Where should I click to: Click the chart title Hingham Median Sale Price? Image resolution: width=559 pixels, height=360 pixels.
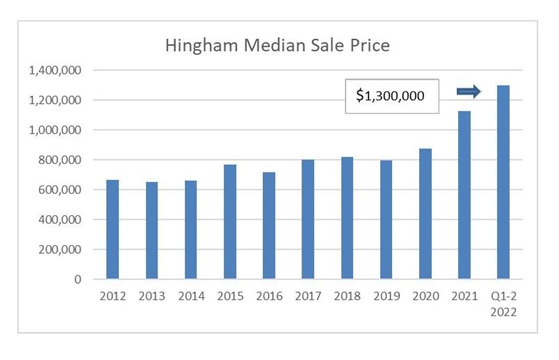click(x=277, y=47)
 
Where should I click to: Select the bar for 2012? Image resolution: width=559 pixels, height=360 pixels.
click(x=113, y=229)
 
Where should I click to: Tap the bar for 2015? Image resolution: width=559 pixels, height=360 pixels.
click(x=230, y=222)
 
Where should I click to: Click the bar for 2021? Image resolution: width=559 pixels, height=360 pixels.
click(x=464, y=195)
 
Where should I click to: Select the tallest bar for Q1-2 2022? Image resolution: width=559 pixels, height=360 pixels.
click(x=503, y=182)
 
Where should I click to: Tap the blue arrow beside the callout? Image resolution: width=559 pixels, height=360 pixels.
click(x=469, y=91)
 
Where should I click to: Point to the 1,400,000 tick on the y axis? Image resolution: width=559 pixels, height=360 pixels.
click(x=55, y=70)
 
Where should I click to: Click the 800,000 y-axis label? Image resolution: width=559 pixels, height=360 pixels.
click(x=60, y=160)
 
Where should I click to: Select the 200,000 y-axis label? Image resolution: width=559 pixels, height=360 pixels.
click(x=60, y=249)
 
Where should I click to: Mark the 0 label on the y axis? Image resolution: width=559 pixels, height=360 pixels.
click(x=78, y=279)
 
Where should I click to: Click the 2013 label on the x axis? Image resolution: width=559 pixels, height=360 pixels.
click(x=152, y=296)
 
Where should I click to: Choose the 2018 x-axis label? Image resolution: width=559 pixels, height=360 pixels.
click(x=347, y=296)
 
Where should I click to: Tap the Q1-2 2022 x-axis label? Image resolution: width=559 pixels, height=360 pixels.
click(x=503, y=303)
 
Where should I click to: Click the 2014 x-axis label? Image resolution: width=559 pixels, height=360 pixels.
click(x=191, y=296)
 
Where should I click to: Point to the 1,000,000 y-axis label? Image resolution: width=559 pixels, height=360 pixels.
click(x=55, y=130)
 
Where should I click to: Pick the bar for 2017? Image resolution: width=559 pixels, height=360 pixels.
click(x=308, y=220)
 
